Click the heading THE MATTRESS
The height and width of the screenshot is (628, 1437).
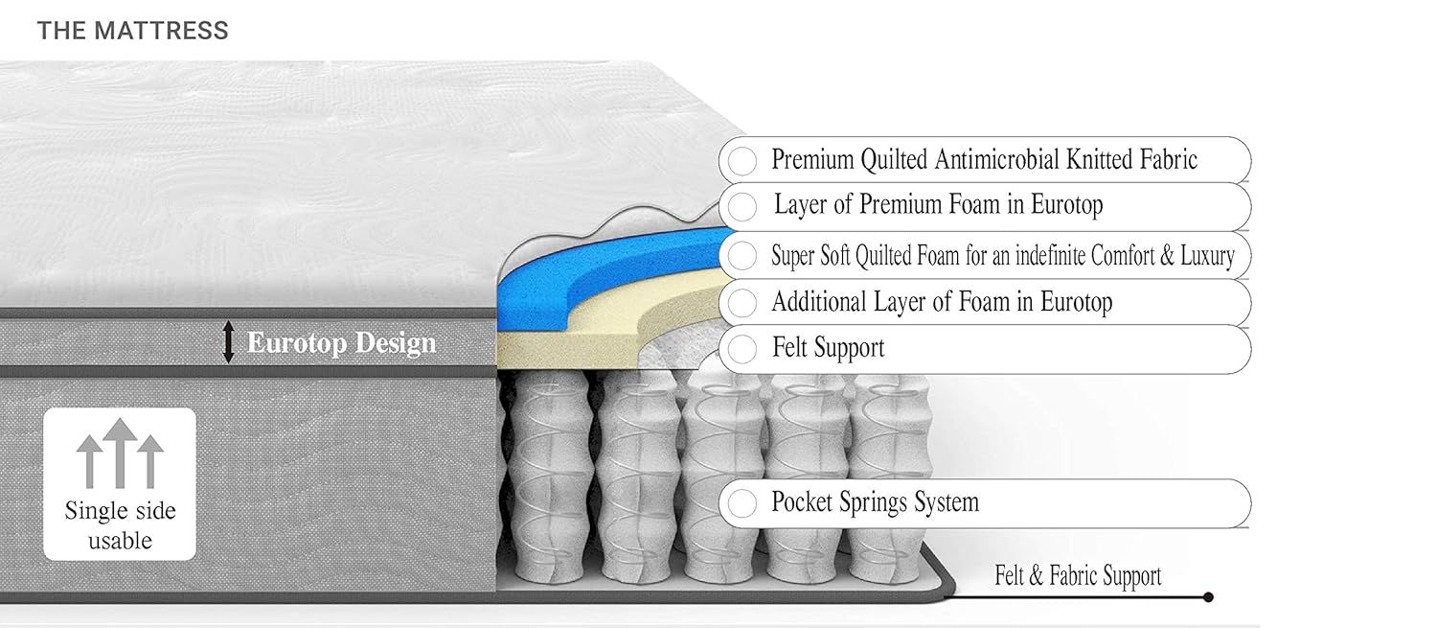[132, 31]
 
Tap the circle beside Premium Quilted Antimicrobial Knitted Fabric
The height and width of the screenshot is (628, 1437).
[741, 160]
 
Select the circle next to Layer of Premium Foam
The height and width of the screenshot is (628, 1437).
[741, 205]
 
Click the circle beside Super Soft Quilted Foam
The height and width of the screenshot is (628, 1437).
[741, 256]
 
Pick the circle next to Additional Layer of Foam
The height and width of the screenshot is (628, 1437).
[741, 303]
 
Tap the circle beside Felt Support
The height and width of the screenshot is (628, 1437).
[741, 348]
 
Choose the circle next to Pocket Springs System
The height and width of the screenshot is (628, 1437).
[741, 502]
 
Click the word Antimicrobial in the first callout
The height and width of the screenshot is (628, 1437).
[966, 159]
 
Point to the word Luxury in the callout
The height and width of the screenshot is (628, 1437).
[1204, 256]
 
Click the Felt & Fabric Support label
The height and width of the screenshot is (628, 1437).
[1078, 576]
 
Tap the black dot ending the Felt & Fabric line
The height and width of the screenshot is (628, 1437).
[1208, 597]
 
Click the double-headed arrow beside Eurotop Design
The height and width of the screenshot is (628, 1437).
[228, 342]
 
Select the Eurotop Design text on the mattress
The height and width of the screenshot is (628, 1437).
[341, 342]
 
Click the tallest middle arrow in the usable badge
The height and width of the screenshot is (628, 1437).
[120, 451]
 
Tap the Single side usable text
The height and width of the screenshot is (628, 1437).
[120, 525]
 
